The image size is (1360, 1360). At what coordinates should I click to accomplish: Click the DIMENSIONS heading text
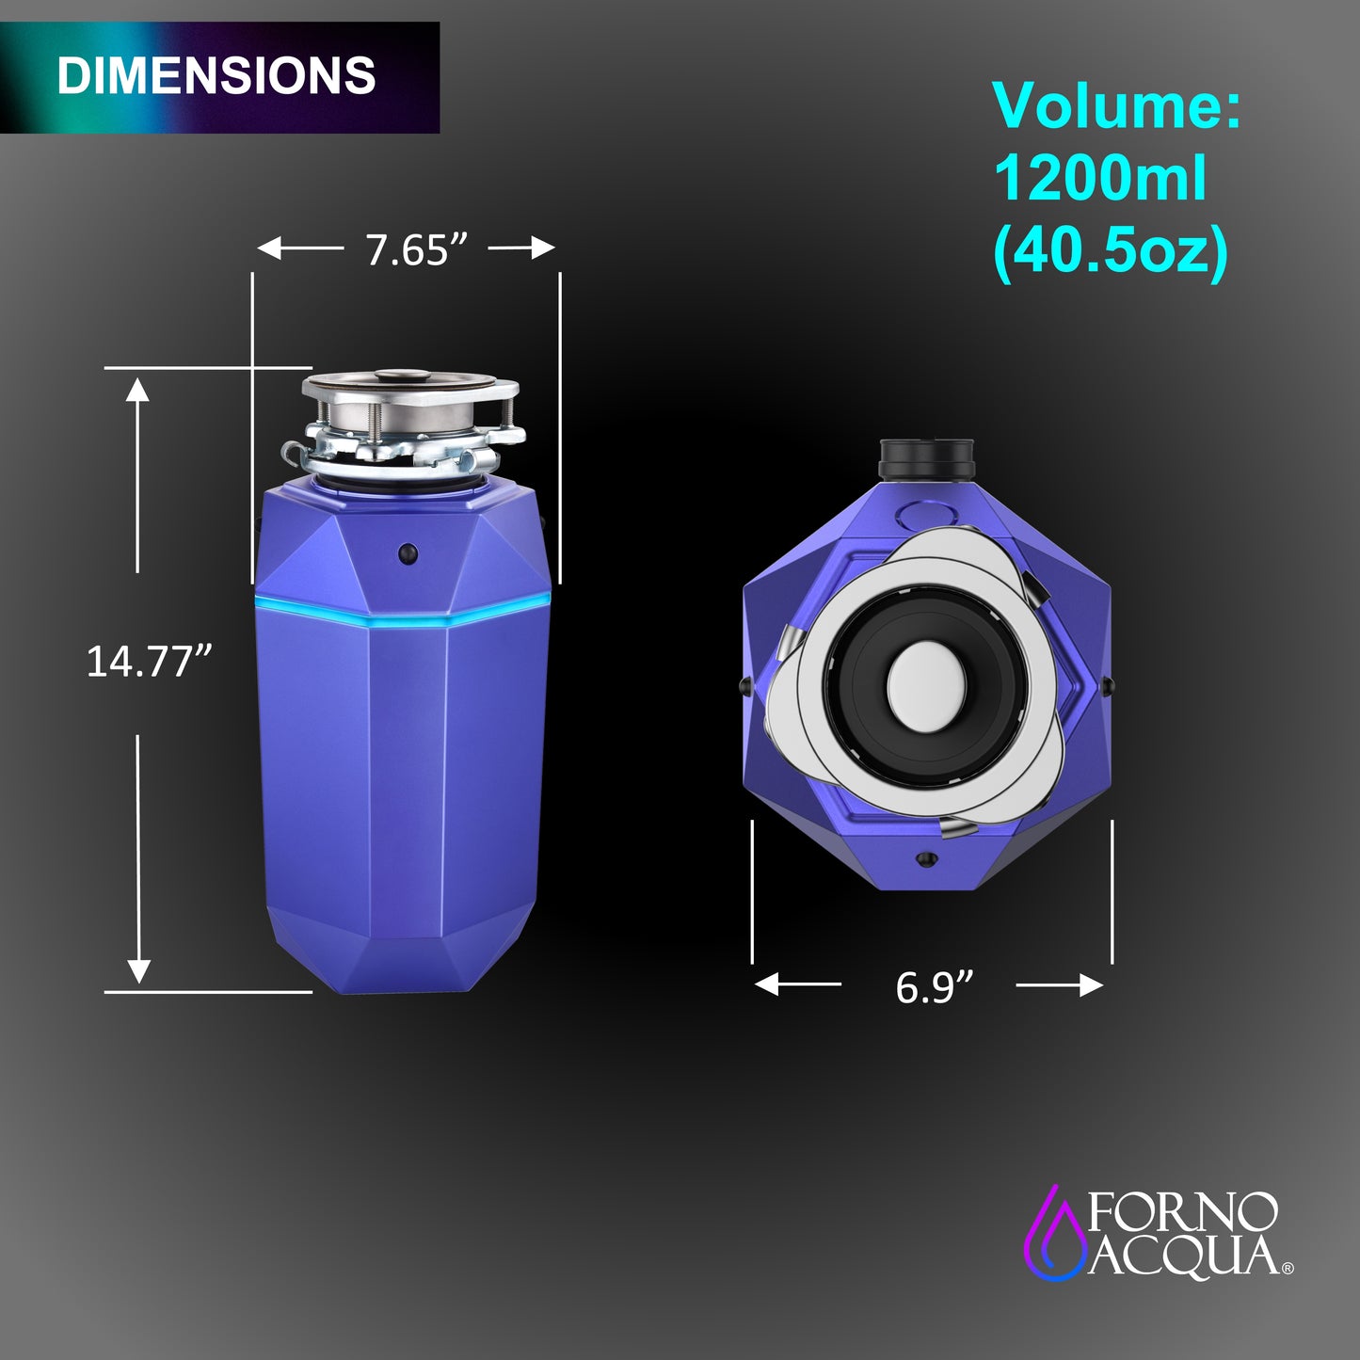216,75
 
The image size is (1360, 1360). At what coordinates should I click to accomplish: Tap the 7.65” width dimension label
416,249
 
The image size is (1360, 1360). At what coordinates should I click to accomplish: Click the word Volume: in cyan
1117,105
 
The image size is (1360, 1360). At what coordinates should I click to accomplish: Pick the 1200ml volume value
1099,178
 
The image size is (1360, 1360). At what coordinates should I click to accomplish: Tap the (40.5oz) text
1111,251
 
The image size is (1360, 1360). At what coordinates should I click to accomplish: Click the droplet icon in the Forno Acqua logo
1054,1235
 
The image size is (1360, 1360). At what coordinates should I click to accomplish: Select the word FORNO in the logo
1183,1212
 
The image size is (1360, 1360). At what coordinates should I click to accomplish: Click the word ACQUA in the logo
1183,1257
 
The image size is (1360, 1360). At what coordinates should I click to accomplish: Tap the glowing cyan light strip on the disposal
402,608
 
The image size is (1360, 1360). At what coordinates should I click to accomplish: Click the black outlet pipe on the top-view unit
925,458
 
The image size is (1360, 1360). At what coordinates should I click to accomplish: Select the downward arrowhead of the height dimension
138,971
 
